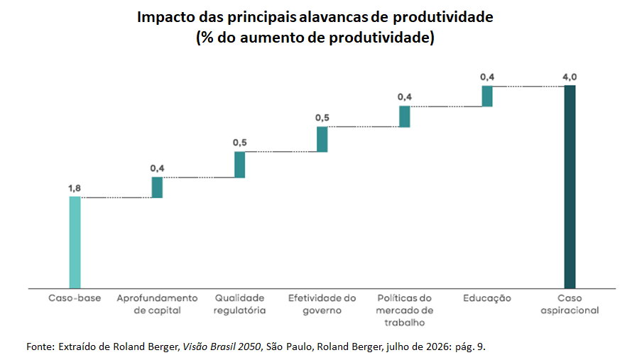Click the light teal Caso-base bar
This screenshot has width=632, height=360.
tap(75, 242)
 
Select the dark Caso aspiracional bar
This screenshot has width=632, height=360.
tap(570, 187)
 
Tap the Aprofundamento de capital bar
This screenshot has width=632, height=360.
tap(157, 187)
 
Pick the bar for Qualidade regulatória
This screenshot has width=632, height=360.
tap(240, 165)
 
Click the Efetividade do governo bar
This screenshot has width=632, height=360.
tap(322, 139)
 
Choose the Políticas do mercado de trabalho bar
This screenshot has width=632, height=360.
tap(405, 116)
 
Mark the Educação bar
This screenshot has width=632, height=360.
tap(487, 96)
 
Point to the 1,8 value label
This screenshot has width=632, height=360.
tap(75, 188)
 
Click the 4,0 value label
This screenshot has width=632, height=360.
tap(570, 77)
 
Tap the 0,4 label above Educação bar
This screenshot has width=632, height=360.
tap(487, 77)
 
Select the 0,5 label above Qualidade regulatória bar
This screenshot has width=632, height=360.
tap(240, 143)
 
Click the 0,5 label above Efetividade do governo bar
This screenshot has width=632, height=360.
tap(322, 118)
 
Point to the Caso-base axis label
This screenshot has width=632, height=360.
tap(75, 298)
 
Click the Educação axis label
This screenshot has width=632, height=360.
tap(487, 299)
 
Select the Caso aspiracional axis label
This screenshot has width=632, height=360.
tap(570, 305)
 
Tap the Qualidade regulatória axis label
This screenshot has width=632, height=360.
tap(240, 305)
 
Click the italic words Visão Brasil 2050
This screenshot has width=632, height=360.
tap(222, 347)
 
